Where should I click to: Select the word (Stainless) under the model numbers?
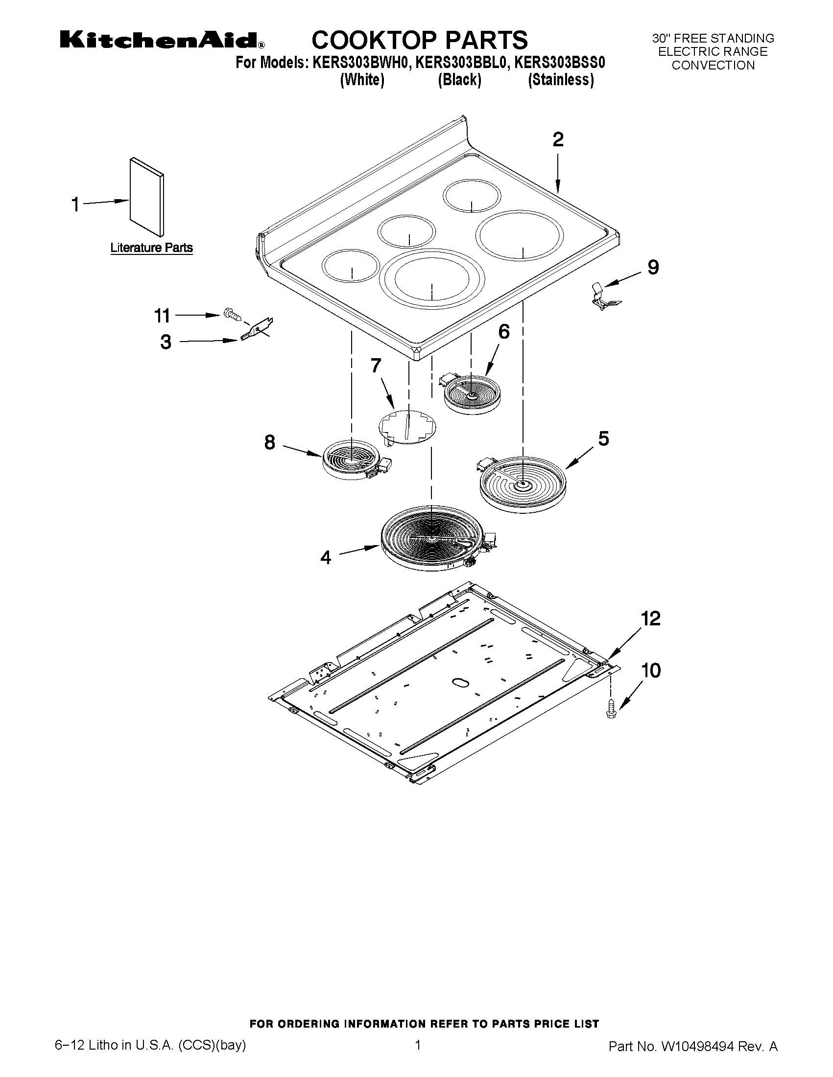click(x=561, y=80)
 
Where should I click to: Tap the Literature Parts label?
click(x=151, y=248)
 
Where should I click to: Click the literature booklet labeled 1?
click(x=146, y=197)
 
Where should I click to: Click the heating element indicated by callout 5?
click(x=522, y=484)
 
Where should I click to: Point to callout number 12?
click(x=650, y=619)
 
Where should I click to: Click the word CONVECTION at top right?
click(x=713, y=66)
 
